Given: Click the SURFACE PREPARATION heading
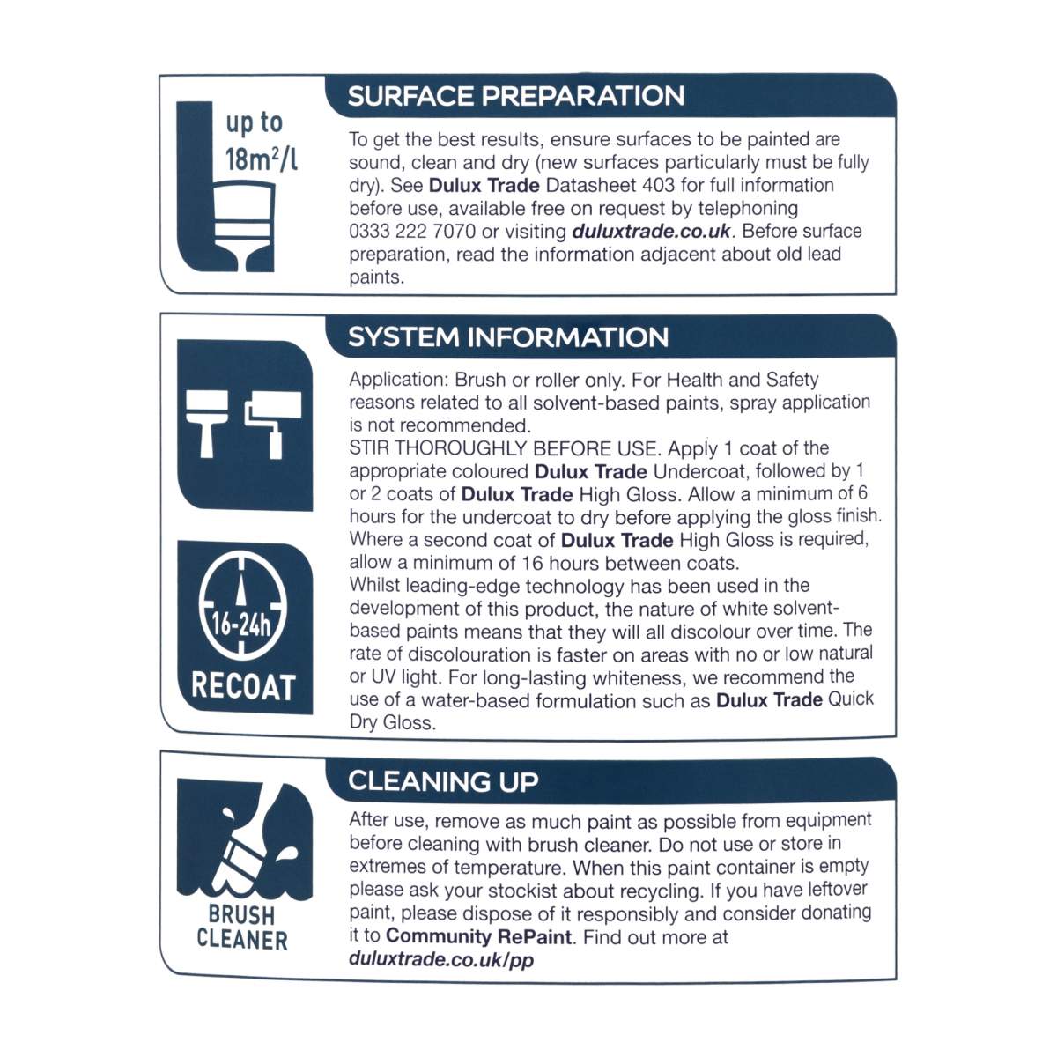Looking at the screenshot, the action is pyautogui.click(x=515, y=96).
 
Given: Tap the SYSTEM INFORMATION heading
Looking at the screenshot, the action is pyautogui.click(x=508, y=336).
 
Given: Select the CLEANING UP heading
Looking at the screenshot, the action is pyautogui.click(x=443, y=781).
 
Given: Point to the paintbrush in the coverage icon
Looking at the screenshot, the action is pyautogui.click(x=243, y=226).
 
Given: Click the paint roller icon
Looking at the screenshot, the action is pyautogui.click(x=272, y=423).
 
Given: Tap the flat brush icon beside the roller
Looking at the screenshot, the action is pyautogui.click(x=207, y=423).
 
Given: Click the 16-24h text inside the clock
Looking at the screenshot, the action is pyautogui.click(x=242, y=626).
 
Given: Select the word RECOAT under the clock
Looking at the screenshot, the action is pyautogui.click(x=243, y=687).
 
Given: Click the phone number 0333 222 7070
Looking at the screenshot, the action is pyautogui.click(x=412, y=231).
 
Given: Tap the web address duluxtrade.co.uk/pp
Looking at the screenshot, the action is pyautogui.click(x=441, y=959).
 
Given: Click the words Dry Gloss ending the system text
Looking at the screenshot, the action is pyautogui.click(x=392, y=723).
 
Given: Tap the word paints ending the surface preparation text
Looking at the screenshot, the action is pyautogui.click(x=376, y=277).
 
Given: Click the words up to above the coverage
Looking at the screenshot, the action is pyautogui.click(x=255, y=122).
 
